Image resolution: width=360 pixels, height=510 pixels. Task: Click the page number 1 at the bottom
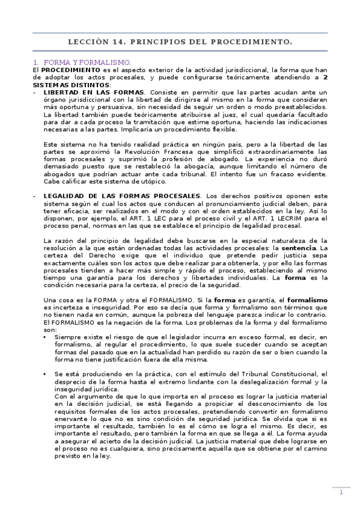click(341, 493)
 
